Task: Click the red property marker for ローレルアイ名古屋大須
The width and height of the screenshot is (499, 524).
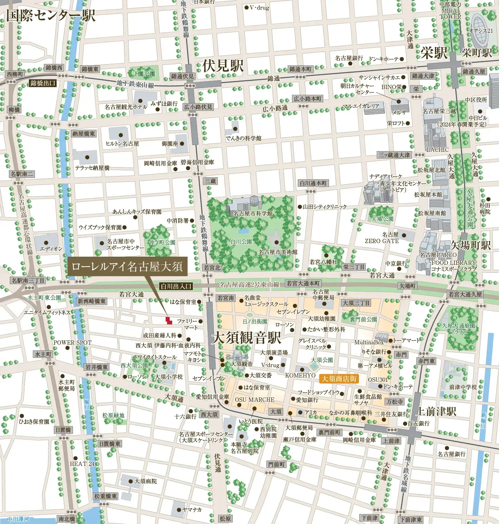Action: [169, 320]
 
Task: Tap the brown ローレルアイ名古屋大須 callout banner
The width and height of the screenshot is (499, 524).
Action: [127, 266]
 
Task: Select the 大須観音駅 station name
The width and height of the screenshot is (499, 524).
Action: [246, 338]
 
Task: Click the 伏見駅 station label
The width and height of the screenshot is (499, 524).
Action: [223, 66]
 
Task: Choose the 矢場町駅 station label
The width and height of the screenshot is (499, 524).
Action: [470, 245]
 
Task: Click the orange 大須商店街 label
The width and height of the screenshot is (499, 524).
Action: [339, 379]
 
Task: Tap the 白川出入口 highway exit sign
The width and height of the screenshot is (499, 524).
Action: [176, 286]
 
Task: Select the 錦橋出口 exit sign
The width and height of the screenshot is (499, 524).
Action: [43, 83]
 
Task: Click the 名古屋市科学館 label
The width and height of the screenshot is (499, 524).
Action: [253, 214]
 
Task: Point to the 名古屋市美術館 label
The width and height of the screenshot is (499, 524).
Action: [278, 252]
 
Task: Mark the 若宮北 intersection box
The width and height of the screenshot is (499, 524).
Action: [212, 267]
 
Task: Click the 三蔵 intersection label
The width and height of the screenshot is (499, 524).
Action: [210, 181]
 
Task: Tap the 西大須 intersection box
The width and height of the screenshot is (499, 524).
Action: [209, 414]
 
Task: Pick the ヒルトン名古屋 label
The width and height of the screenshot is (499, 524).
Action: [122, 144]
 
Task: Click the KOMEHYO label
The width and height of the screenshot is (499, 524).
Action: [300, 375]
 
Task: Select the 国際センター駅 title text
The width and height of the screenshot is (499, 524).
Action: [51, 16]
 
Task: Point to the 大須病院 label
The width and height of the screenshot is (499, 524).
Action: [145, 481]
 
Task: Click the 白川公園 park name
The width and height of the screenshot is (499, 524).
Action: [241, 242]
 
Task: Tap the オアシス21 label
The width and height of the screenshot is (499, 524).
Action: [481, 31]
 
